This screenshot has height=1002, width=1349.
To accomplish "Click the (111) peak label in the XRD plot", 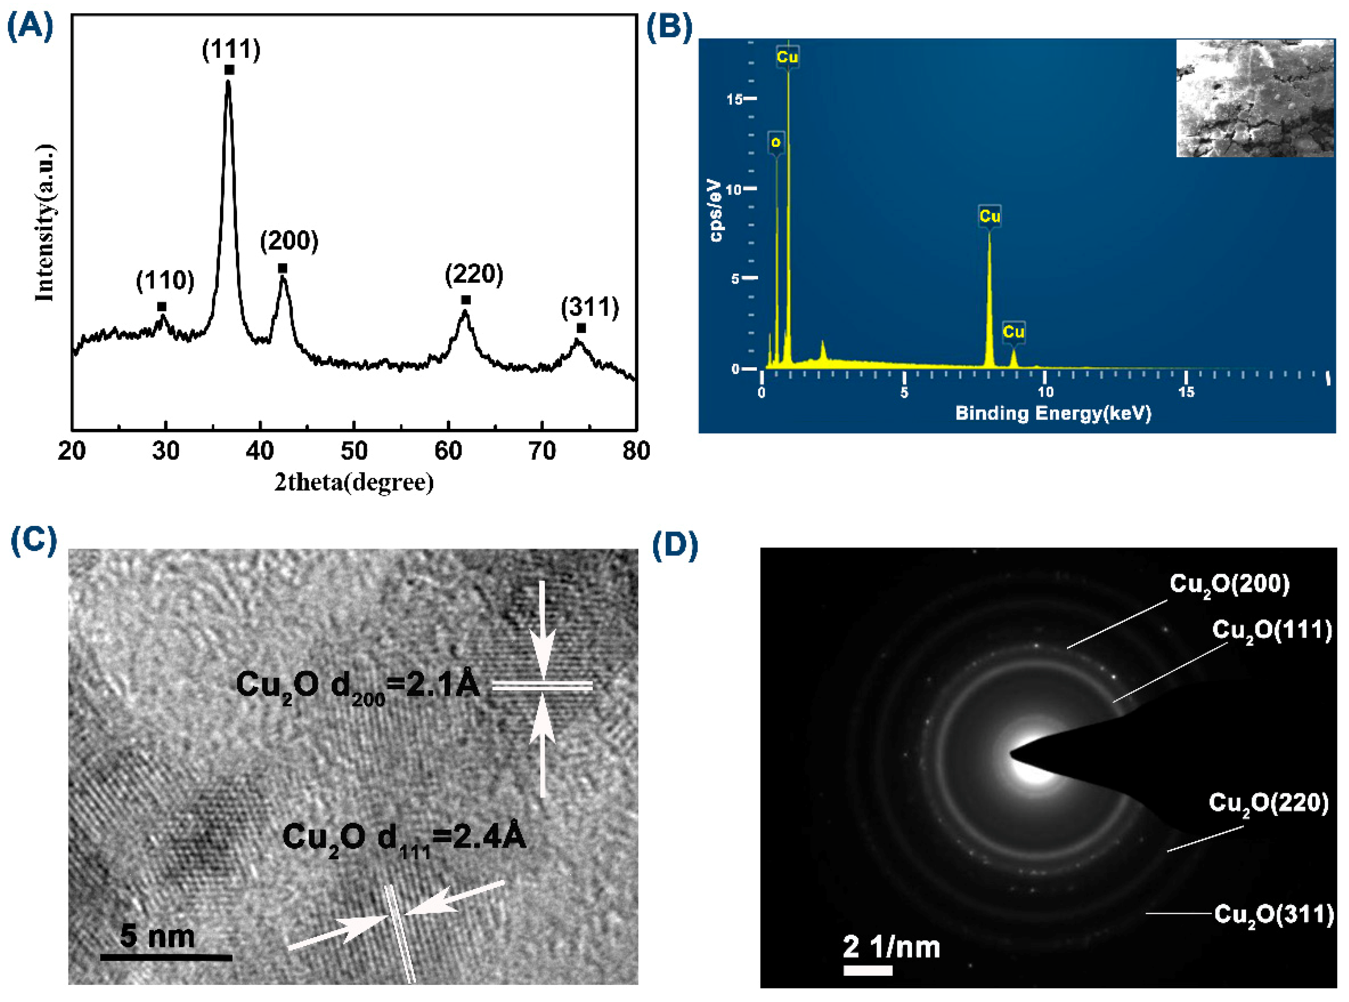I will (x=231, y=49).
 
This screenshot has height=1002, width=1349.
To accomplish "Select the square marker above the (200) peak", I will (x=283, y=268).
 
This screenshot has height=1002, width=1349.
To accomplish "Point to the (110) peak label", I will (x=165, y=280).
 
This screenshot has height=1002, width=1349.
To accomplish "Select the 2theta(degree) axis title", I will (x=354, y=483).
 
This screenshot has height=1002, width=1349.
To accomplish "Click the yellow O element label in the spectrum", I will (x=775, y=143).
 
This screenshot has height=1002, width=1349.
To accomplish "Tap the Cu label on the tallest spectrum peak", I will (x=787, y=57).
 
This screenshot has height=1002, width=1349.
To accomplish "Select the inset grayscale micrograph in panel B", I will (x=1254, y=98).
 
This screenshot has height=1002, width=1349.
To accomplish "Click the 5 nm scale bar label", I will (x=158, y=936).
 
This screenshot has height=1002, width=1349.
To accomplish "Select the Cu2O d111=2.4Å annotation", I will (x=404, y=839).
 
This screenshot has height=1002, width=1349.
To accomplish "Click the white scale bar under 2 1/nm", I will (x=868, y=971).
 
